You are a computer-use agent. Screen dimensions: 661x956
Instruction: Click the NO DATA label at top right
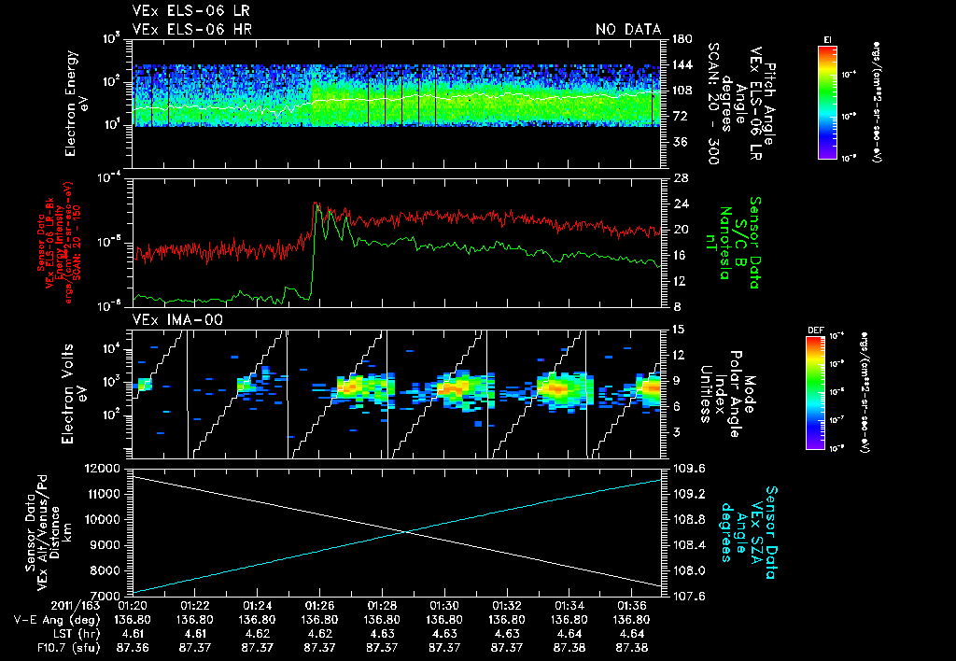click(x=627, y=30)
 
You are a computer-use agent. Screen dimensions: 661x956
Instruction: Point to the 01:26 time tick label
click(x=319, y=604)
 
